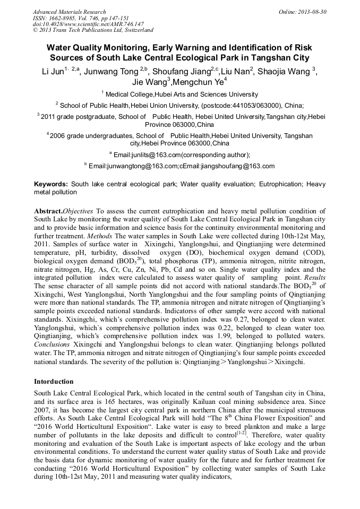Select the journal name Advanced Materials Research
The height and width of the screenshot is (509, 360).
click(69, 12)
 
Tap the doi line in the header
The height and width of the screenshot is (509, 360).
click(88, 24)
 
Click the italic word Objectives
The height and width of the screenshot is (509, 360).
click(79, 211)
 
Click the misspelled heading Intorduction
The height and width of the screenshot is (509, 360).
click(54, 381)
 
